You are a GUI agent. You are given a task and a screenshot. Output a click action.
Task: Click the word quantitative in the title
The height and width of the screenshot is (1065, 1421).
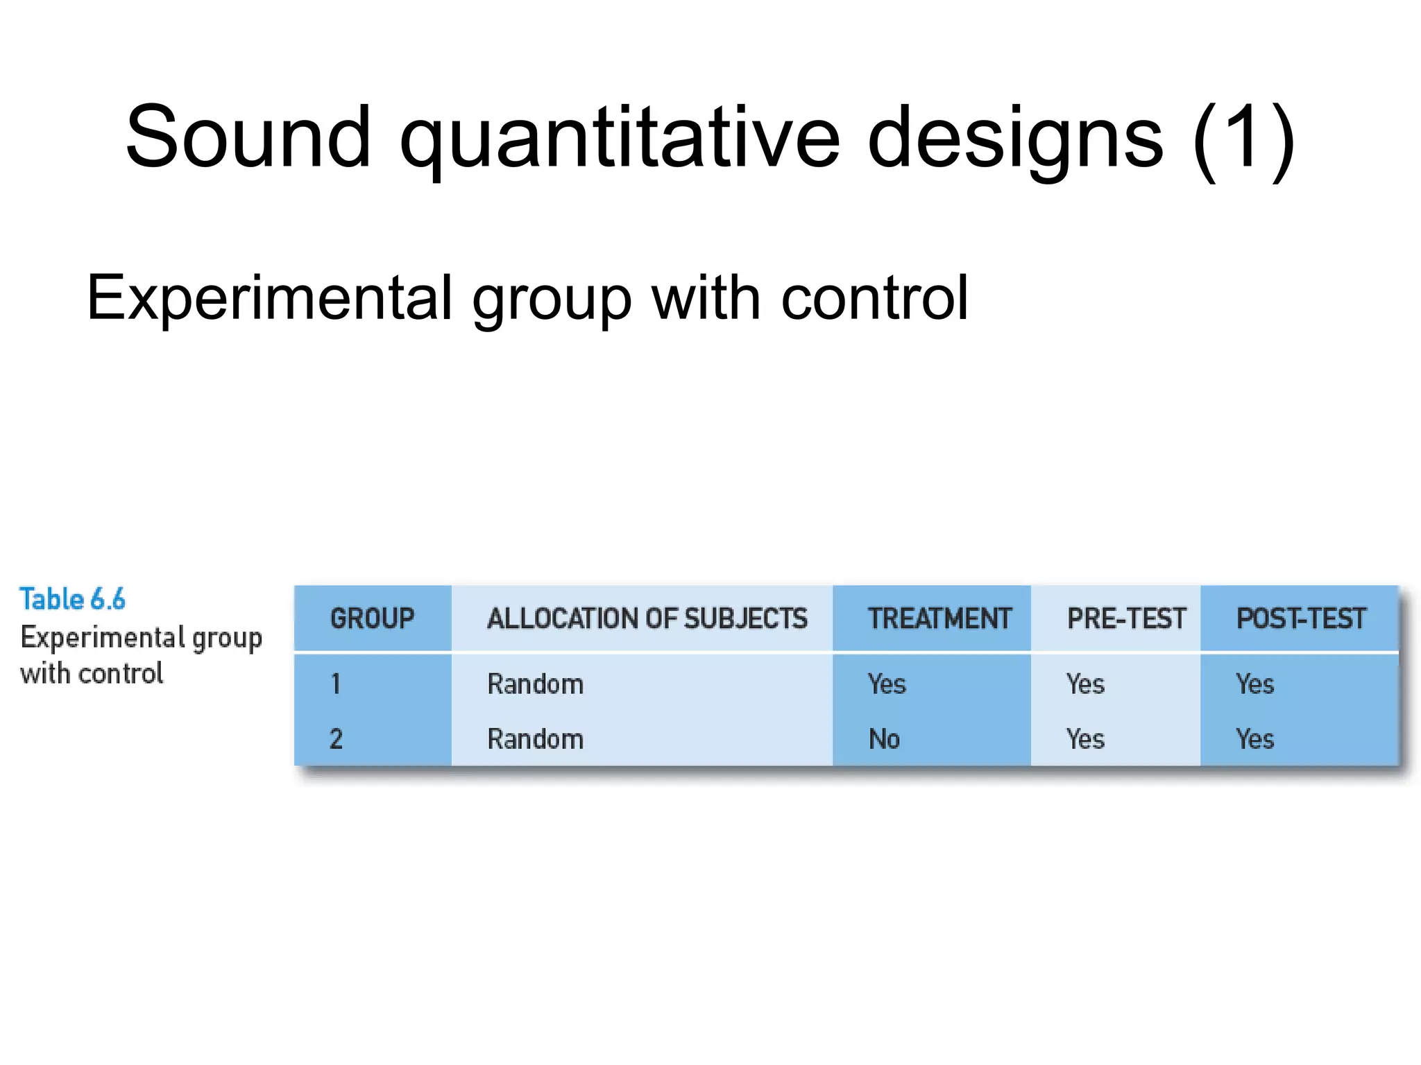pyautogui.click(x=620, y=139)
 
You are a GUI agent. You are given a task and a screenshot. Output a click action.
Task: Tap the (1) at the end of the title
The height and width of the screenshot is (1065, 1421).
pyautogui.click(x=1243, y=139)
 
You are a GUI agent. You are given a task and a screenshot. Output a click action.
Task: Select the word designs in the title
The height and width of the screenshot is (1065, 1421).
pyautogui.click(x=1015, y=139)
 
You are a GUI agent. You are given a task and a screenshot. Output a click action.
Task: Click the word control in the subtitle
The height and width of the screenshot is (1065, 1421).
pyautogui.click(x=874, y=297)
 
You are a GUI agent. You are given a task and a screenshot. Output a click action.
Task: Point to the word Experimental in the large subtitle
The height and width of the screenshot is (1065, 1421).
pyautogui.click(x=270, y=299)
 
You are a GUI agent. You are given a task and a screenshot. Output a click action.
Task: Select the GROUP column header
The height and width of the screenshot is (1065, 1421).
pyautogui.click(x=372, y=618)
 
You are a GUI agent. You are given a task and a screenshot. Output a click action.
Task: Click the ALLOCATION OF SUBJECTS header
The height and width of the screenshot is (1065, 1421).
pyautogui.click(x=647, y=618)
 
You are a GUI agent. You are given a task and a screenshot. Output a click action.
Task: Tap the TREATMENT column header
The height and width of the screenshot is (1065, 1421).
pyautogui.click(x=939, y=618)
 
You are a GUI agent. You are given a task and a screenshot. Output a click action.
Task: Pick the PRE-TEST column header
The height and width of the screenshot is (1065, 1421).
pyautogui.click(x=1126, y=618)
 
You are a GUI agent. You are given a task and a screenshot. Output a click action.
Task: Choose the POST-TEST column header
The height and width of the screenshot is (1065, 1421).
pyautogui.click(x=1301, y=618)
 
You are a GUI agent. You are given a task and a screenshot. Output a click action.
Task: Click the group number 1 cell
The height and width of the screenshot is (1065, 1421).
pyautogui.click(x=336, y=684)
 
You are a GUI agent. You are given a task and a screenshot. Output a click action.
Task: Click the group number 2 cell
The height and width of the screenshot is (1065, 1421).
pyautogui.click(x=336, y=739)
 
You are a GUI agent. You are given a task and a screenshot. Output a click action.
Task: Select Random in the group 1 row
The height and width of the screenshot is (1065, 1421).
pyautogui.click(x=535, y=684)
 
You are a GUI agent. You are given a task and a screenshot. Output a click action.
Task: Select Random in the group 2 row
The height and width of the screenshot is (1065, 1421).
pyautogui.click(x=535, y=739)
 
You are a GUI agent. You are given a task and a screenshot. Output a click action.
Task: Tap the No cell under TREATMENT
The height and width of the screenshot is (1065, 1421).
pyautogui.click(x=884, y=739)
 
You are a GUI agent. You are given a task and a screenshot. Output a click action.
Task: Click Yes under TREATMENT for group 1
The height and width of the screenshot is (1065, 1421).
pyautogui.click(x=887, y=684)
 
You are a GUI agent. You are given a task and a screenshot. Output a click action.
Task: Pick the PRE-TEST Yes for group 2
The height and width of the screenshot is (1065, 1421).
pyautogui.click(x=1085, y=739)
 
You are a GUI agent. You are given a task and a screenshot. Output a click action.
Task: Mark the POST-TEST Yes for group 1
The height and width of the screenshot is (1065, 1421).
pyautogui.click(x=1254, y=684)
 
